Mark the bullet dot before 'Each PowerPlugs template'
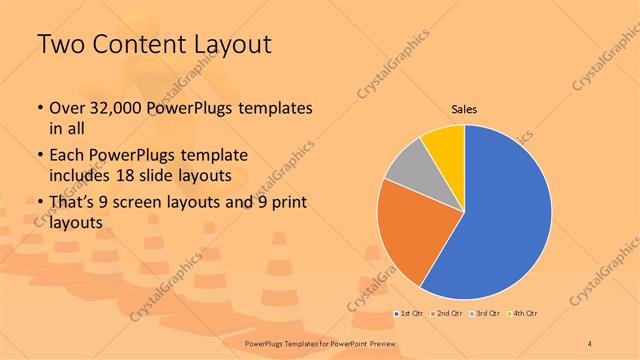[x=39, y=156]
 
